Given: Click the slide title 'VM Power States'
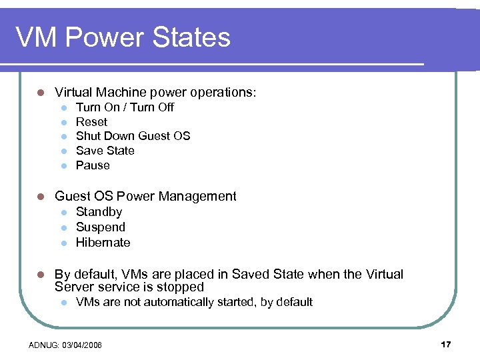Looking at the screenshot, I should (x=123, y=37).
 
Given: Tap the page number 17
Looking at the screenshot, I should (x=446, y=344).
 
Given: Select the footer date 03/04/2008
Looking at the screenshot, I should (x=81, y=345).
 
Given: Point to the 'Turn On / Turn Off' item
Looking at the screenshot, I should (x=125, y=107).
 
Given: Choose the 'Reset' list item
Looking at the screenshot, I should (x=91, y=122).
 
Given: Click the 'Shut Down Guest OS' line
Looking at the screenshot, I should (x=133, y=136).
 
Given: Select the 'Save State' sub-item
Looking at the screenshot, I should (x=105, y=151).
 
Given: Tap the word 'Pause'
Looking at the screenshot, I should (x=93, y=165).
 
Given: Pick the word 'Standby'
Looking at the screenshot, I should (x=99, y=212).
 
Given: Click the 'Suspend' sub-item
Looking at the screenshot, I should (x=100, y=227).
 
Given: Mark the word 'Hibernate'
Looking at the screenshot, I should (x=103, y=243).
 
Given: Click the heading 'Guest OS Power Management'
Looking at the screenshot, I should (x=145, y=196).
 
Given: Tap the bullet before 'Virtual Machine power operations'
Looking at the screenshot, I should (x=40, y=93).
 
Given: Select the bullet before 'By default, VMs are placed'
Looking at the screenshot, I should (x=40, y=275).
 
